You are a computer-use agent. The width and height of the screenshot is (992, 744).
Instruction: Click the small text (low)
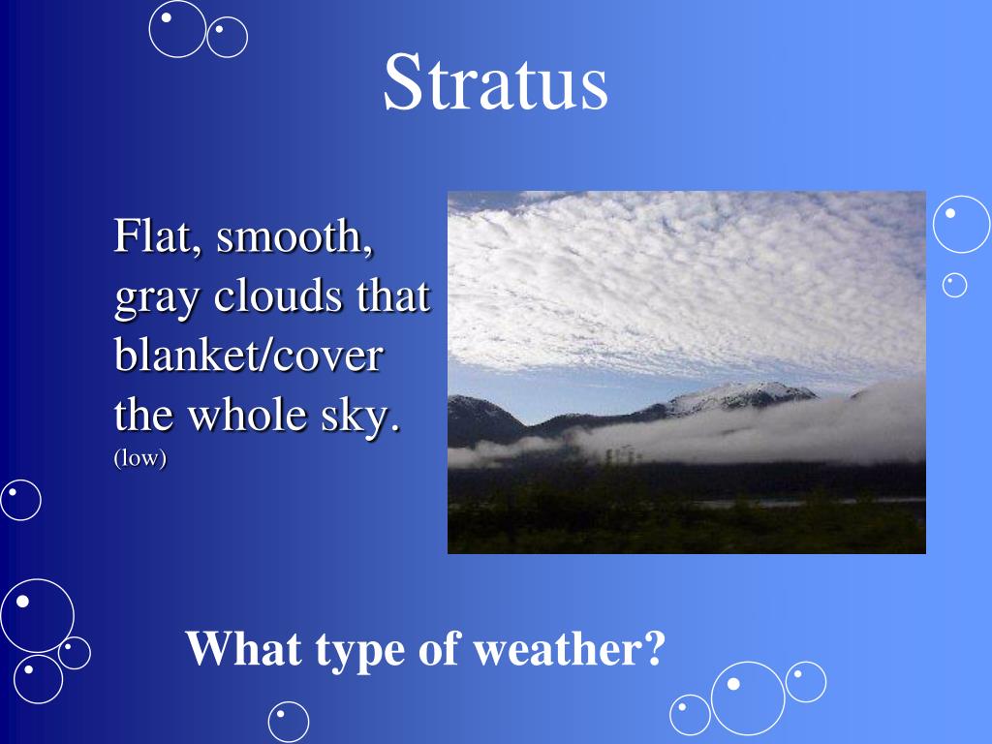tap(140, 459)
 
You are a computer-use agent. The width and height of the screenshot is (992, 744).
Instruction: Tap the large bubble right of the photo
tap(961, 224)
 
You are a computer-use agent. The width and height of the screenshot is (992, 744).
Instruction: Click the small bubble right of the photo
tap(955, 285)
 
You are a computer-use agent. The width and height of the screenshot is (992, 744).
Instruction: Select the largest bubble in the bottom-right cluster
tap(748, 697)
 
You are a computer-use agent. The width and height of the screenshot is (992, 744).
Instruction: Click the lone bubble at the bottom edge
tap(289, 722)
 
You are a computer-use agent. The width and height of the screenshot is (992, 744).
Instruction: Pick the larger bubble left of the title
tap(177, 28)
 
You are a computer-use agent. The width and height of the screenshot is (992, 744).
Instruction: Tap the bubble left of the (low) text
tap(20, 500)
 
